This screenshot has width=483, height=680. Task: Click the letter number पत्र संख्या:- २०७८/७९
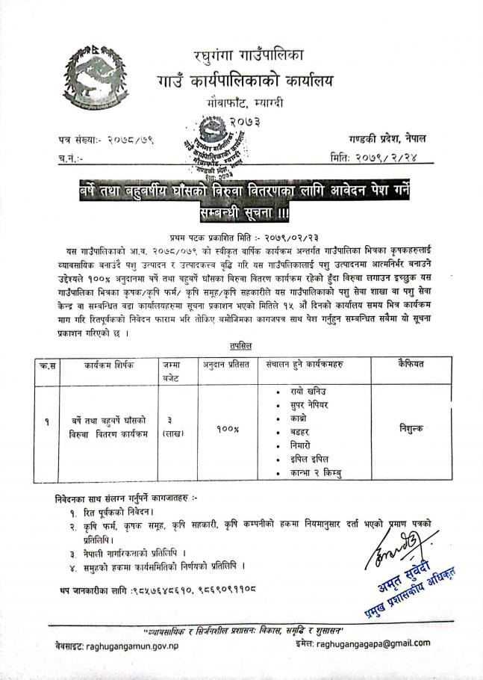pyautogui.click(x=105, y=140)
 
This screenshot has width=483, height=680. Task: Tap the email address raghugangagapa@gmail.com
pyautogui.click(x=373, y=642)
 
